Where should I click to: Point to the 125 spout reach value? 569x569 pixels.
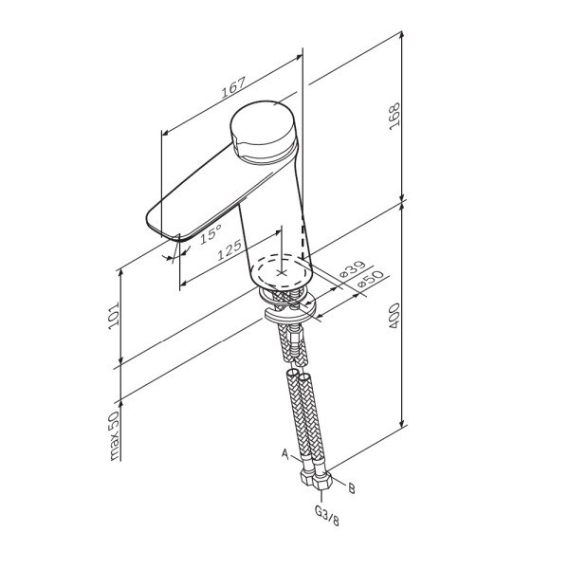coord(227,252)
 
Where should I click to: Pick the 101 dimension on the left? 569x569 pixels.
coord(113,315)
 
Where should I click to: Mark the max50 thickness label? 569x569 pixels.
coord(113,437)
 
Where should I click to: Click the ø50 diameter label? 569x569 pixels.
coord(370,283)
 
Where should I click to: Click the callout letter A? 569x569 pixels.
coord(284,454)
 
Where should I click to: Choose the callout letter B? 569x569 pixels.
coord(352,489)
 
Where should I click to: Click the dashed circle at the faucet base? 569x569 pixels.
coord(282,270)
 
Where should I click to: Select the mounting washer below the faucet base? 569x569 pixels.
coord(284,314)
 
